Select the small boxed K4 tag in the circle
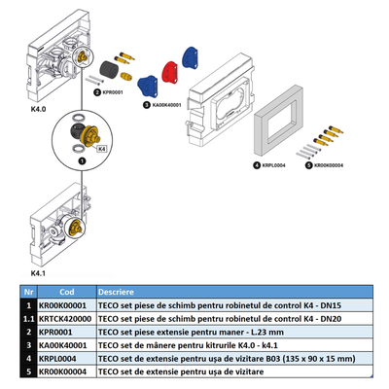100,147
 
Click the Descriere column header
116,290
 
